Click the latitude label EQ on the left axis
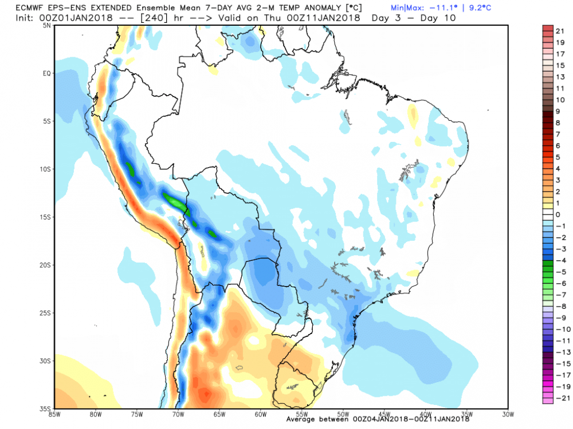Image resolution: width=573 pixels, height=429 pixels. [46, 73]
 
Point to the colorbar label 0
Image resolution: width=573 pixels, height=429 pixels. [558, 214]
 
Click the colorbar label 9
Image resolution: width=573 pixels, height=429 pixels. [558, 111]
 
